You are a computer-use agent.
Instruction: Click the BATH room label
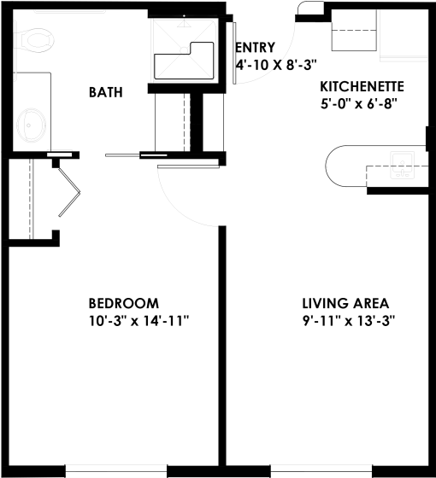(107, 92)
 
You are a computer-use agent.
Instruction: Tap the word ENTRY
(255, 48)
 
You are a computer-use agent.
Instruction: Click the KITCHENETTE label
(362, 86)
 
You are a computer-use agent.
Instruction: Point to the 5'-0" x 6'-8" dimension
(359, 103)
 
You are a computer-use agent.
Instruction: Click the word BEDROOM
(124, 303)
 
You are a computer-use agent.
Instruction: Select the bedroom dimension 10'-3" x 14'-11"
(138, 321)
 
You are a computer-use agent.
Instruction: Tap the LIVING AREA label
(345, 303)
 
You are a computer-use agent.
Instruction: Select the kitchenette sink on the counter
(403, 161)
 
